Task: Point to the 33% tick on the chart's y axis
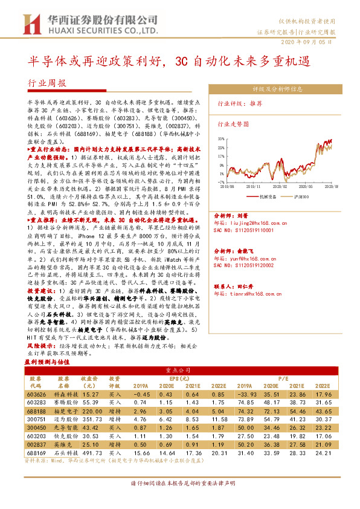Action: pyautogui.click(x=222, y=139)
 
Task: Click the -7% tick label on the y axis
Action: pyautogui.click(x=222, y=181)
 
